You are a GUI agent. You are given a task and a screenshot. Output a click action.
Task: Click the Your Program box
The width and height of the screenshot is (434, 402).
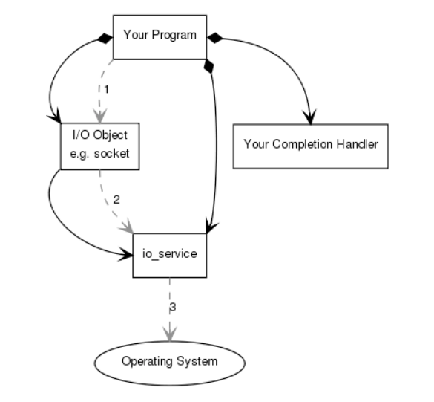click(x=159, y=35)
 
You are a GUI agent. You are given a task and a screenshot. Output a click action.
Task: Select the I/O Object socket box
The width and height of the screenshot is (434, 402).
click(x=99, y=146)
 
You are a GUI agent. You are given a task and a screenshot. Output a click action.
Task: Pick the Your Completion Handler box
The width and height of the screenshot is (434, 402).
click(x=310, y=143)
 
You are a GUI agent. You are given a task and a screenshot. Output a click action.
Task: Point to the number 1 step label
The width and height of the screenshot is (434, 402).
click(x=106, y=88)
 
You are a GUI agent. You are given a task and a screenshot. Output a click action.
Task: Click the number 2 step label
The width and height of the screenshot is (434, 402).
click(x=116, y=200)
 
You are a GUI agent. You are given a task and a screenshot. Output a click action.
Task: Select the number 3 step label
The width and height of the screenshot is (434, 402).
click(x=174, y=306)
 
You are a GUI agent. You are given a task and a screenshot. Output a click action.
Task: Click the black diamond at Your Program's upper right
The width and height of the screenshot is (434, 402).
click(x=214, y=36)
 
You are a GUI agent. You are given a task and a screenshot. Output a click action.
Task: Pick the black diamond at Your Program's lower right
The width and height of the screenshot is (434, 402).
click(x=209, y=67)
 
